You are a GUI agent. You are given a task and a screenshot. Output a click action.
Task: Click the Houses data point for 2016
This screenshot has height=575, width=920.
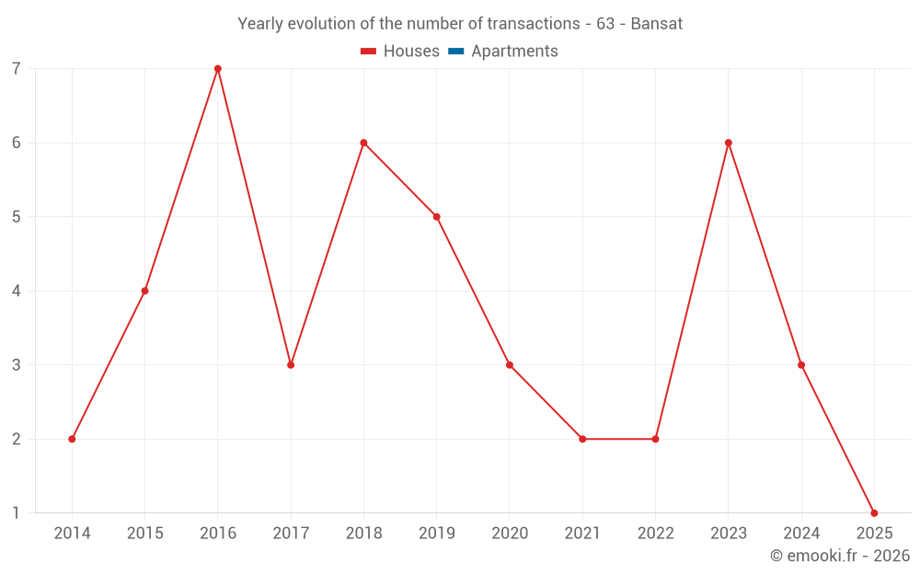[x=218, y=69]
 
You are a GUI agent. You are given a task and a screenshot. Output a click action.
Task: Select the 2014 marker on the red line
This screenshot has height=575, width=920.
[x=72, y=439]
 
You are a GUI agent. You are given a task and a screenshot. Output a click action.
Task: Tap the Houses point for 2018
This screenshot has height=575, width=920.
[x=363, y=143]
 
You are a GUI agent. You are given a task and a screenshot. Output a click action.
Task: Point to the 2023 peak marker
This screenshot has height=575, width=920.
[x=729, y=143]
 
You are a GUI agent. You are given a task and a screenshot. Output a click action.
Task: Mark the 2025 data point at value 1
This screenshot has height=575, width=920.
[x=874, y=512]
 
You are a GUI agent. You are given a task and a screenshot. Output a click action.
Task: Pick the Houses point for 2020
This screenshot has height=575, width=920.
[x=510, y=365]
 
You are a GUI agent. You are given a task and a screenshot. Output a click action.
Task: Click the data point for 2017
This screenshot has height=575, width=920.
[x=291, y=365]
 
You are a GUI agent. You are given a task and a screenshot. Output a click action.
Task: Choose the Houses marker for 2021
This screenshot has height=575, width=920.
[x=582, y=439]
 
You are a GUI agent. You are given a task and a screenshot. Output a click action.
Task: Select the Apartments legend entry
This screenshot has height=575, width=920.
[x=514, y=52]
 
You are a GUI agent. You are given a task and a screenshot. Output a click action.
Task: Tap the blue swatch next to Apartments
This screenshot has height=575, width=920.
[x=456, y=52]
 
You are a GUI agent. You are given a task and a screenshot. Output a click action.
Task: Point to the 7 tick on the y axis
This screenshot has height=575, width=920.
[x=17, y=69]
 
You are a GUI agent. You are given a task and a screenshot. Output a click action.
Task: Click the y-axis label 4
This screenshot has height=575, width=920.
[x=17, y=291]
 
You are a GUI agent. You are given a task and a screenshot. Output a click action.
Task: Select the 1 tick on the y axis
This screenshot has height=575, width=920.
[x=17, y=512]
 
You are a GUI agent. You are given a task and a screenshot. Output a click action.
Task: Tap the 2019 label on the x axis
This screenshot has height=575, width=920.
[x=436, y=534]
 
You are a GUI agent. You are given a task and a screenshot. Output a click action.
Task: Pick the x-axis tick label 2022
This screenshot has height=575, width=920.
[x=655, y=534]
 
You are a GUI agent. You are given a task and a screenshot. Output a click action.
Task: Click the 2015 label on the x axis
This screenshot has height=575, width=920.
[x=144, y=534]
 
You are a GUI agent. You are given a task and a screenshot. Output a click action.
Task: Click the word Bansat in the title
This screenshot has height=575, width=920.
[x=657, y=24]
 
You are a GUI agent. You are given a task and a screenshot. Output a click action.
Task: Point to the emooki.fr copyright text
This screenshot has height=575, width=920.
[x=840, y=556]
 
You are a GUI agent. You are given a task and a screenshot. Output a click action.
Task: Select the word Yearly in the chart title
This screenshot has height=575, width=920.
[x=260, y=24]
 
